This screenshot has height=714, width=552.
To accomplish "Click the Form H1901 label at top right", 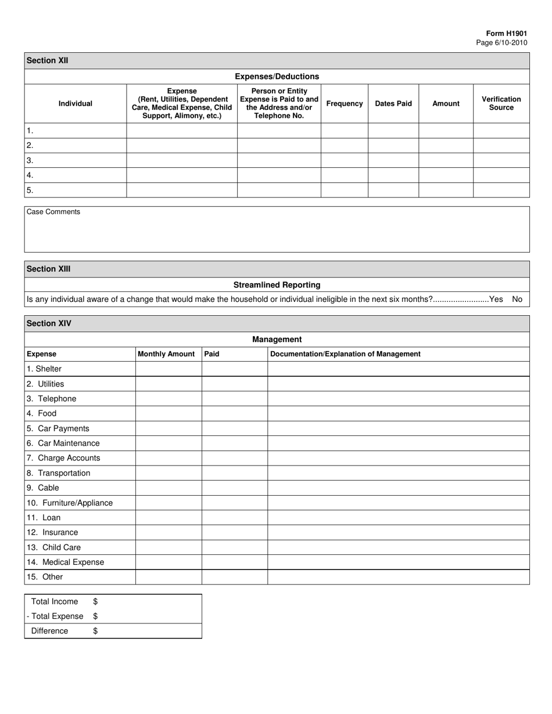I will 507,34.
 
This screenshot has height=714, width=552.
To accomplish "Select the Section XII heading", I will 48,60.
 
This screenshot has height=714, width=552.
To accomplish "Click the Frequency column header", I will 345,103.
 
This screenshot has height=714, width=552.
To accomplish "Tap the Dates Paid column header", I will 393,103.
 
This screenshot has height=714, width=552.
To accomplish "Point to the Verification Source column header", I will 501,103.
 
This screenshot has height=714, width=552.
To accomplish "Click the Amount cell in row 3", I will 446,160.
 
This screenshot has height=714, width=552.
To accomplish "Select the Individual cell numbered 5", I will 76,190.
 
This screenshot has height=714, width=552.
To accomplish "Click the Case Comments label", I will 53,212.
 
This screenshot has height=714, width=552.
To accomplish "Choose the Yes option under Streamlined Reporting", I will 496,300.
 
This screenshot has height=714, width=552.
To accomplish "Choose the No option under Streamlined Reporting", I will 517,300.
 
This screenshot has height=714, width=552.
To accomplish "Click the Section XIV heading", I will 49,323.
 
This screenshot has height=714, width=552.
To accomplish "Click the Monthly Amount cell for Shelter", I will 169,369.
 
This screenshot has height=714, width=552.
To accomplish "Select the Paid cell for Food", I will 234,413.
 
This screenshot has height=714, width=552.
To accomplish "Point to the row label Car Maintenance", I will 63,443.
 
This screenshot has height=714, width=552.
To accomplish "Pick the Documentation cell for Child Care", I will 398,547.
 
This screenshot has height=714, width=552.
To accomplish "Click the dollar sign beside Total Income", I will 95,601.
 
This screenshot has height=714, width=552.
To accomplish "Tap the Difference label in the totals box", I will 49,631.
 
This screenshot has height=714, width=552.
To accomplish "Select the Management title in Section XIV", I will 277,339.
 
